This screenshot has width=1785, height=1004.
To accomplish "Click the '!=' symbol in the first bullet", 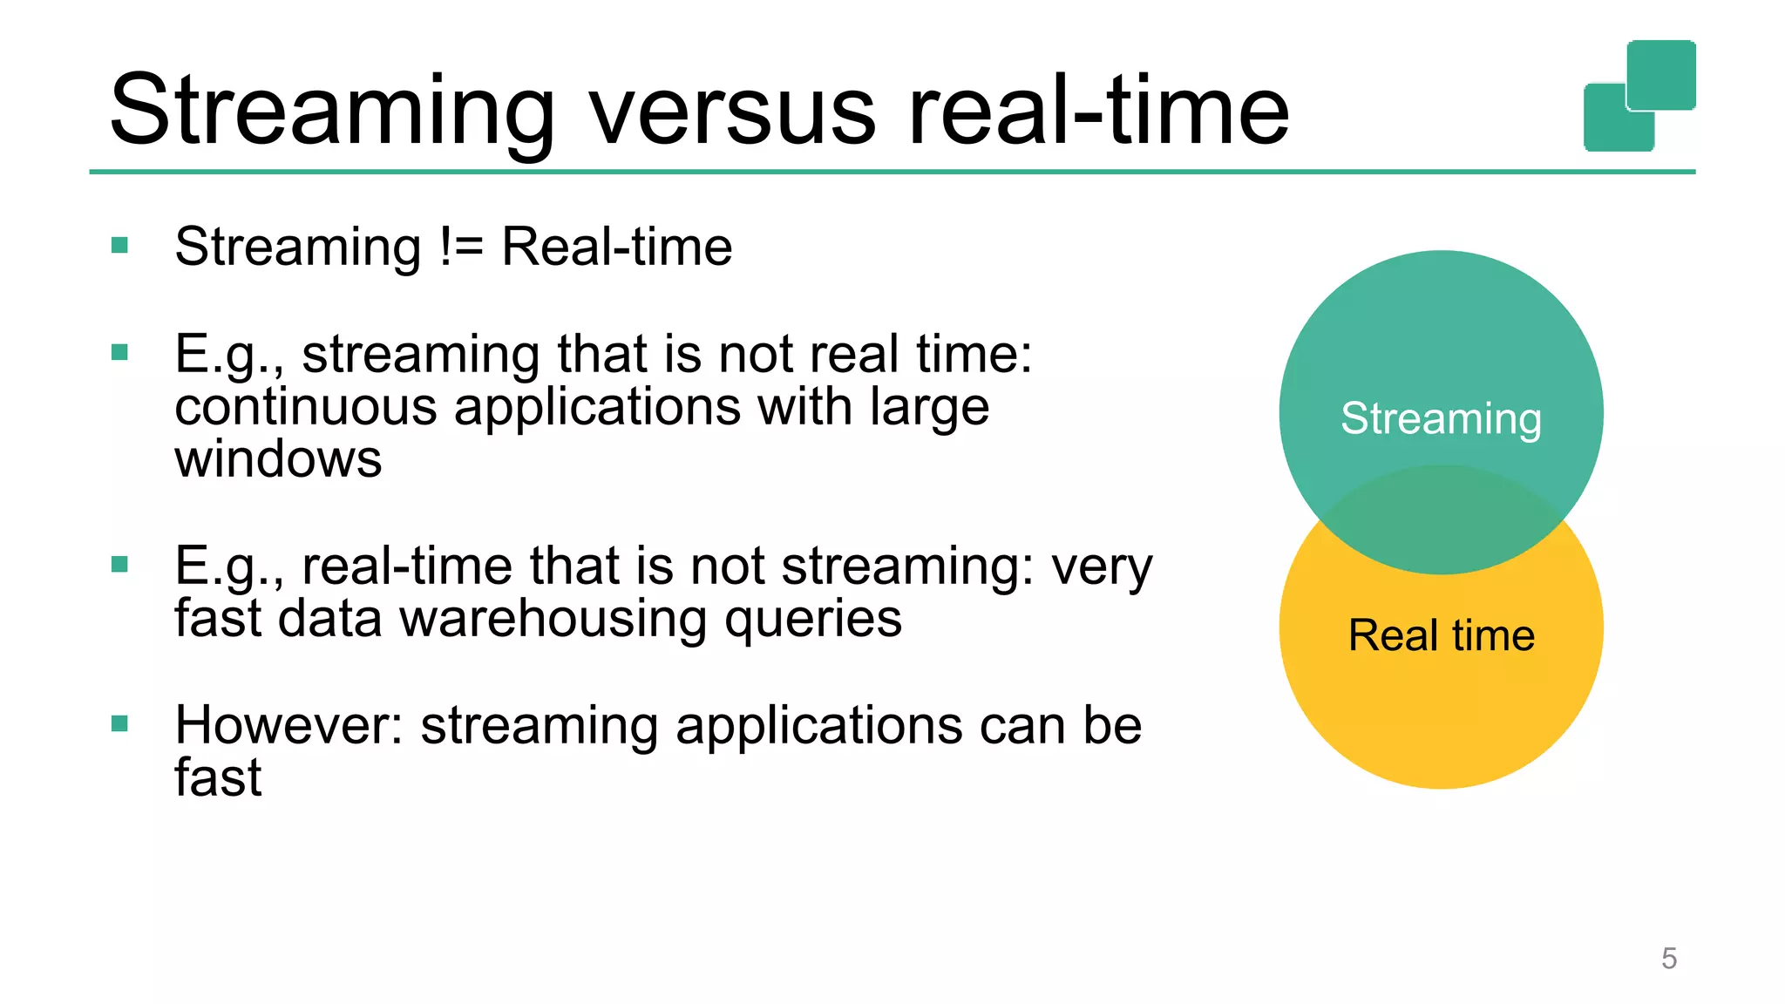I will (461, 247).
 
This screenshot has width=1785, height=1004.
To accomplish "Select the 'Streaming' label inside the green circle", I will (1441, 418).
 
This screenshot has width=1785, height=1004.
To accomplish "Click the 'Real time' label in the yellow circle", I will (1441, 634).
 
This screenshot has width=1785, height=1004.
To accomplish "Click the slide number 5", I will (1668, 959).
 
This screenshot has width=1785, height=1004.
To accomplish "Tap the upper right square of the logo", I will (1661, 73).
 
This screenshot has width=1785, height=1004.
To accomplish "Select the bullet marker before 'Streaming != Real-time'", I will (120, 246).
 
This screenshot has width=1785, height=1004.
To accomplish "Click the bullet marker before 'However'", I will (120, 723).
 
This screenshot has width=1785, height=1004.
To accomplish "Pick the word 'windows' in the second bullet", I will (278, 459).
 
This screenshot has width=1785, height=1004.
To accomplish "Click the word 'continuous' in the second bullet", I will (305, 407).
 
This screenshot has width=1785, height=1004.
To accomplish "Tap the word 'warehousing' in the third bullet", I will (553, 619).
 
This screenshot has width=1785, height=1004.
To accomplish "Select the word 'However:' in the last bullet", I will (288, 725).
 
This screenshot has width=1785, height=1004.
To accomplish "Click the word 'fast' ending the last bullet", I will (218, 777).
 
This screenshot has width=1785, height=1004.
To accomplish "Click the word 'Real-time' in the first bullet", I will (616, 247).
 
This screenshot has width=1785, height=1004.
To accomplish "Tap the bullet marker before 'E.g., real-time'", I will (120, 565).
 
